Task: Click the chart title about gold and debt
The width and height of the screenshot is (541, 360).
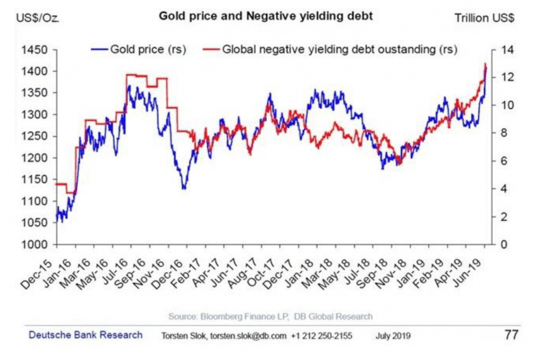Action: point(266,16)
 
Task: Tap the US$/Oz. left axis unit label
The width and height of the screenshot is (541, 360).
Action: point(38,18)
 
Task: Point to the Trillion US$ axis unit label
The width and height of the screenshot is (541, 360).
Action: point(484,18)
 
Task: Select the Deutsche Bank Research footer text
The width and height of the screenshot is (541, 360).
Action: point(86,335)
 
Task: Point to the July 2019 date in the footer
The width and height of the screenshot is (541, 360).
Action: point(394,335)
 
